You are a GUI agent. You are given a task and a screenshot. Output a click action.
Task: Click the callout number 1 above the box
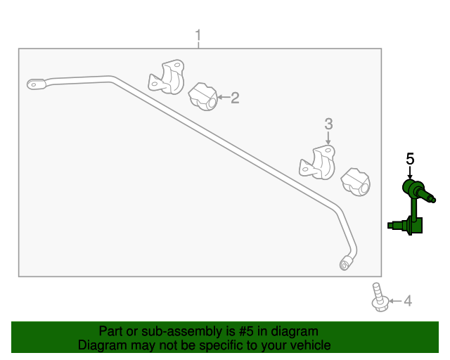[198, 35]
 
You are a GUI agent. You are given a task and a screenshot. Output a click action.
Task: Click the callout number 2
[235, 98]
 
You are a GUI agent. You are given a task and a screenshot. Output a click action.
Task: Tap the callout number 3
[328, 124]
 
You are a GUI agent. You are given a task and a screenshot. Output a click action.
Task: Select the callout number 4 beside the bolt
[408, 301]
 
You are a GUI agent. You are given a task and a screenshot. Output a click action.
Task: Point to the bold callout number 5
[410, 159]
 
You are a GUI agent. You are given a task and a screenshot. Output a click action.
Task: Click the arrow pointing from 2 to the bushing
[224, 97]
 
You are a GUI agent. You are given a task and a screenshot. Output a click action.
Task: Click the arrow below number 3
[328, 138]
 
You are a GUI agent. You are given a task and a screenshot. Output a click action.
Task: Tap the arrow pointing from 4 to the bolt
[395, 301]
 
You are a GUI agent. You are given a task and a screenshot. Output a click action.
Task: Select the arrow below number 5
[410, 172]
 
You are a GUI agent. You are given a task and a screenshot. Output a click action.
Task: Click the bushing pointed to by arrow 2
[203, 97]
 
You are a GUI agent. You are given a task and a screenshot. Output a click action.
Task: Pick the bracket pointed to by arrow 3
[318, 163]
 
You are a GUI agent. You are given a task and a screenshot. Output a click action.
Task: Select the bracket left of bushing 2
[167, 77]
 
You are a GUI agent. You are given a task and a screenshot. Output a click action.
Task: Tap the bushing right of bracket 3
[356, 182]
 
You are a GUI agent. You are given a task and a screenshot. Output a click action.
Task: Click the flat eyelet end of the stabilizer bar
[36, 84]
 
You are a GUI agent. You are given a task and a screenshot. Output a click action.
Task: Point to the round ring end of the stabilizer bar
[345, 263]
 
